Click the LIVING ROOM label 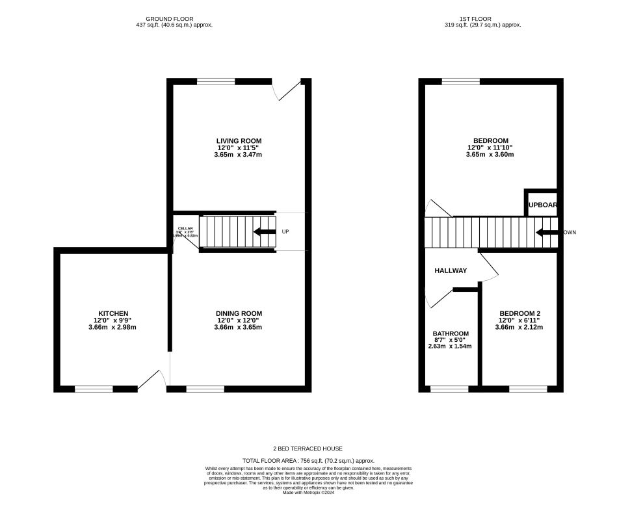point(239,140)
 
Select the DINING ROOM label point(239,313)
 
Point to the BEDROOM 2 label point(519,313)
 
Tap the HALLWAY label point(451,270)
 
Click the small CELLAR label point(185,228)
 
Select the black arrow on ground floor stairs point(264,232)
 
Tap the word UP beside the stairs point(285,232)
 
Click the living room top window point(216,82)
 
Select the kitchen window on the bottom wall point(94,389)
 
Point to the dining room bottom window point(205,389)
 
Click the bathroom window point(449,389)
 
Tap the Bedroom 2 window point(527,389)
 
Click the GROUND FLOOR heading point(169,19)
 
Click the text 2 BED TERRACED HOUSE point(308,448)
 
